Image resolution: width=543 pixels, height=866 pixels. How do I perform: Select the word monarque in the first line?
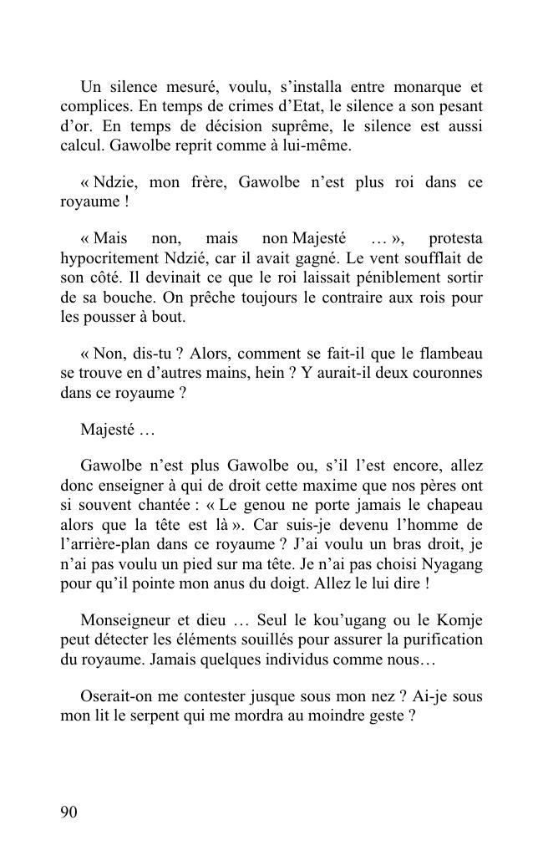coord(420,87)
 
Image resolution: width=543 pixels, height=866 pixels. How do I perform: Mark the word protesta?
coord(455,238)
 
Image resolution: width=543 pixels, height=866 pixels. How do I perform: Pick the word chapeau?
coord(454,505)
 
